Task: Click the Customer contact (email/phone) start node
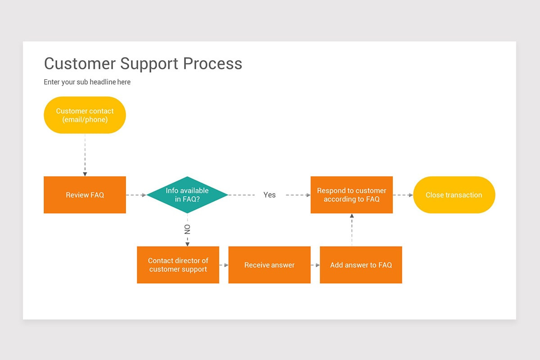tap(85, 115)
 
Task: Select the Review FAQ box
tap(85, 195)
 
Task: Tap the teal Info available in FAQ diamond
tap(187, 195)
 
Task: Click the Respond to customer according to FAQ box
tap(351, 195)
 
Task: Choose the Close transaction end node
tap(454, 195)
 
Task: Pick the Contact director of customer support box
tap(178, 265)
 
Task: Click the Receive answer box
tap(269, 265)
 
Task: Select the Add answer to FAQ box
tap(360, 265)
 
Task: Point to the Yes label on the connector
tap(270, 195)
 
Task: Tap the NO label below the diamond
tap(187, 229)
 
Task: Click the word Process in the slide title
tap(212, 63)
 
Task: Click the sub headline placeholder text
tap(87, 82)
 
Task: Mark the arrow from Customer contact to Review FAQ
tap(85, 155)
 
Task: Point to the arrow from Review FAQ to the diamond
tap(136, 195)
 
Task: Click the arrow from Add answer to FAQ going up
tap(351, 229)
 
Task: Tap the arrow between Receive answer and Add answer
tap(315, 265)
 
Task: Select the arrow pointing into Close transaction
tap(403, 195)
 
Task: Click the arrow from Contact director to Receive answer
tap(224, 265)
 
